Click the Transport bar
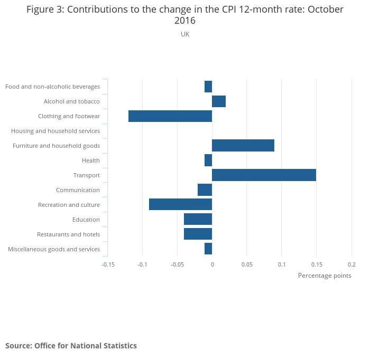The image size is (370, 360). [264, 175]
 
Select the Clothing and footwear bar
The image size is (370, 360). [170, 116]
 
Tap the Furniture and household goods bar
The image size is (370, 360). [243, 145]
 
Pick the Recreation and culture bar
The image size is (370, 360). [180, 204]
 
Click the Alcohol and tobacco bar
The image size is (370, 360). [219, 101]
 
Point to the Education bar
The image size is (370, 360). [198, 219]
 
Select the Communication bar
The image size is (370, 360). [205, 190]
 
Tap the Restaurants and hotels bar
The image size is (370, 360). [198, 234]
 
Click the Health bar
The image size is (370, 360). [208, 160]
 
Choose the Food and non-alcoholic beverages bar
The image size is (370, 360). [208, 87]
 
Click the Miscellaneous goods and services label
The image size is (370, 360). [54, 249]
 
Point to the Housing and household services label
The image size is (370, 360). [55, 131]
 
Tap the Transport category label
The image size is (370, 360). [87, 175]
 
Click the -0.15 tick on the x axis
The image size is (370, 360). [108, 264]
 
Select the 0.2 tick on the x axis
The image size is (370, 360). [351, 264]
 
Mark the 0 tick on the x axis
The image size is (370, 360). [212, 264]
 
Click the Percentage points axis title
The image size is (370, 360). [325, 276]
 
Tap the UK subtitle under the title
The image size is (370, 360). [185, 34]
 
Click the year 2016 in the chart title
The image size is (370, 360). [185, 21]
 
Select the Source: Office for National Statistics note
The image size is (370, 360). [71, 346]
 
